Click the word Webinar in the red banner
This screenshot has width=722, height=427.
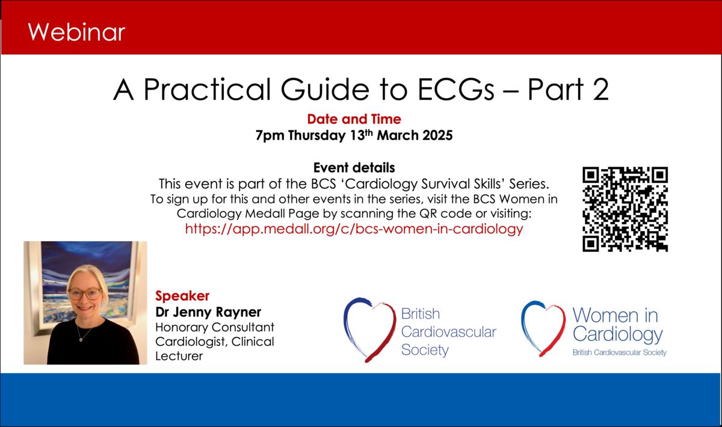76,32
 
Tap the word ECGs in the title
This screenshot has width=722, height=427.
456,89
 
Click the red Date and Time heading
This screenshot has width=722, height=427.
354,119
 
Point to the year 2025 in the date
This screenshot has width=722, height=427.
437,135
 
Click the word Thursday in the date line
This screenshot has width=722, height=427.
317,135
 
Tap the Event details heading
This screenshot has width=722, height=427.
354,168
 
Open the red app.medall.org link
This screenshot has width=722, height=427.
354,229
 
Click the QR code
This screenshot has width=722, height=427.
625,209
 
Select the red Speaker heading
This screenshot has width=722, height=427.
182,295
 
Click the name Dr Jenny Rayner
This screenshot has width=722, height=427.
208,312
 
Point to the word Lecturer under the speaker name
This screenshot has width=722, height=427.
179,356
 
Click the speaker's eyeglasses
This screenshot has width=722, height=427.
85,293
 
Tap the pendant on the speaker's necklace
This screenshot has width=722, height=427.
81,339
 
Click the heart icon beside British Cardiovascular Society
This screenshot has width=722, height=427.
370,329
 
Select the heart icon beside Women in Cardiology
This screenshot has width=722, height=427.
543,329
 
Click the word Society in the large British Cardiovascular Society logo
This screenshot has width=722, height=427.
425,350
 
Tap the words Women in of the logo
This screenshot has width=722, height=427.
615,315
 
